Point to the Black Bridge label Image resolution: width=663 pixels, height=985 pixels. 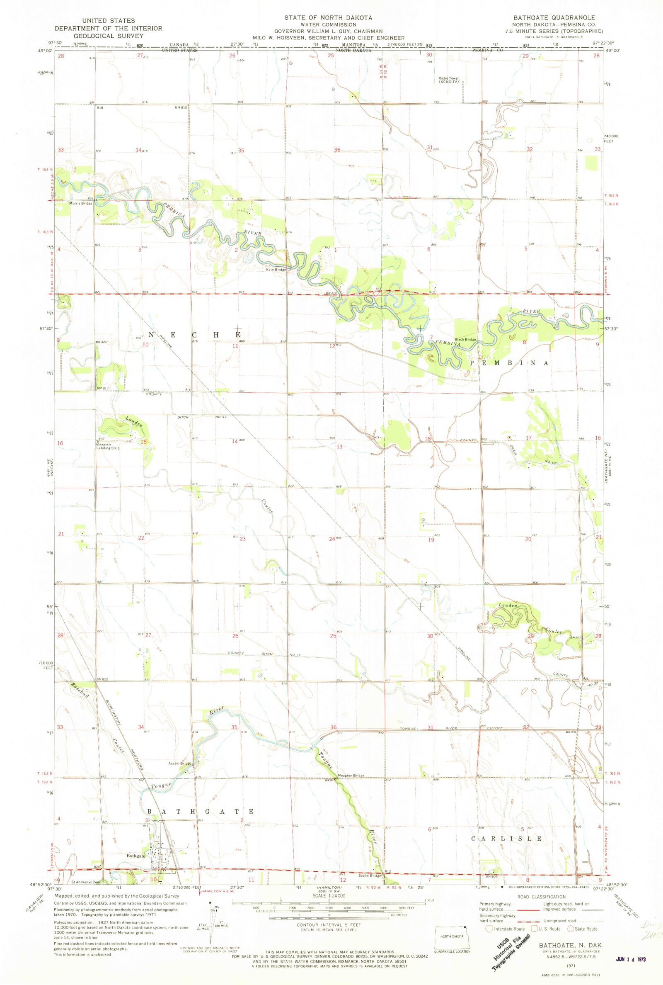tap(465, 339)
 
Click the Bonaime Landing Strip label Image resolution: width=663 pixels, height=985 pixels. tap(109, 446)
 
